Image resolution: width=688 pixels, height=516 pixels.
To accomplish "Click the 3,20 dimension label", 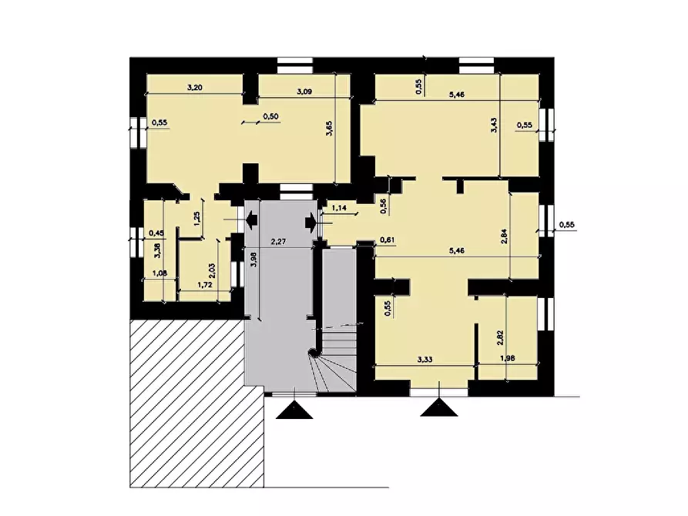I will (194, 88).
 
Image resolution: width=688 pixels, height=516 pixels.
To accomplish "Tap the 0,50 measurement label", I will (271, 116).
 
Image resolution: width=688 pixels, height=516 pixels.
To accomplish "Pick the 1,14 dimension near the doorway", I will (340, 208).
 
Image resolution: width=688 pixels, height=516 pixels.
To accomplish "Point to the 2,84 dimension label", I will (504, 236).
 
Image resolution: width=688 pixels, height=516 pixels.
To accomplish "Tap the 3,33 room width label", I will (426, 359).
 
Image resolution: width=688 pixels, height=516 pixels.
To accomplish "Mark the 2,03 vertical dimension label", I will (213, 270).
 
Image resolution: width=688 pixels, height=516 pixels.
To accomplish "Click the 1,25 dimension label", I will (197, 218).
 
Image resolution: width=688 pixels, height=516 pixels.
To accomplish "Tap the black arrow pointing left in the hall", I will (251, 221).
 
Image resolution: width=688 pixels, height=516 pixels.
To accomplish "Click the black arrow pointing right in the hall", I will (310, 222).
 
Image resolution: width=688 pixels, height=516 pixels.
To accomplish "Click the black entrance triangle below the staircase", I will (294, 412).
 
